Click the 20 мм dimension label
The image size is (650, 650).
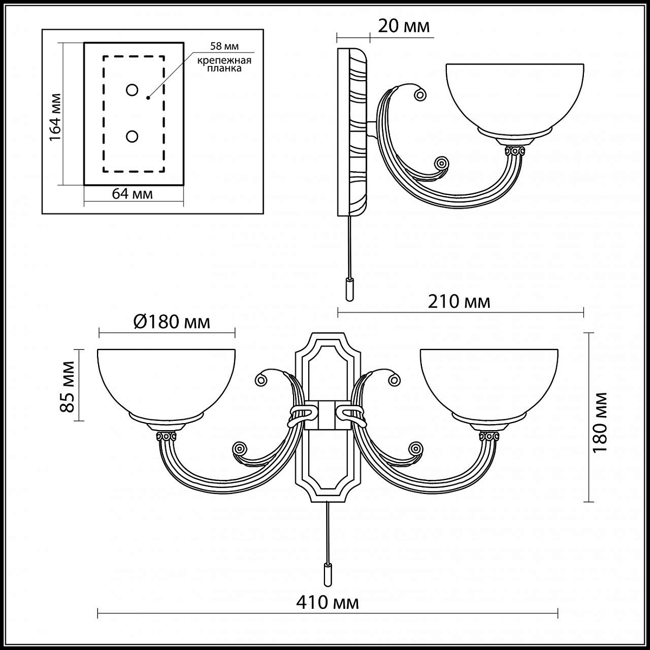tap(404, 27)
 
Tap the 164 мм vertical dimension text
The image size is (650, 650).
tap(55, 118)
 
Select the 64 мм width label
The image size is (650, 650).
tap(132, 194)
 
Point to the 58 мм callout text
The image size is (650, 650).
tap(224, 46)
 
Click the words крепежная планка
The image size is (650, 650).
tap(224, 64)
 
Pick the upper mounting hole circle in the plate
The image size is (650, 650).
tap(132, 90)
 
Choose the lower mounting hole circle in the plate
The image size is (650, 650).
tap(132, 136)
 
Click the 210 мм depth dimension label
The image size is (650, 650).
tap(459, 302)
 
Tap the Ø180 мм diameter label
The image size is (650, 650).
tap(172, 322)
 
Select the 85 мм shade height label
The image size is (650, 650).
tap(67, 387)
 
